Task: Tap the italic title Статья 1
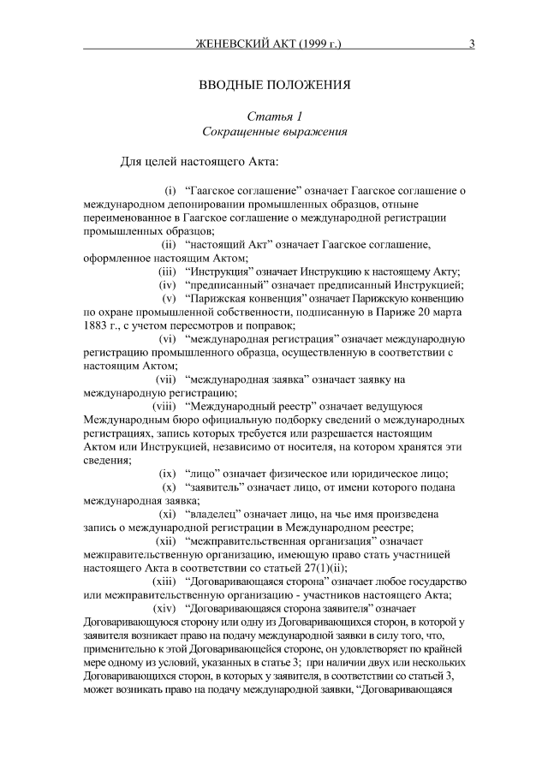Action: click(x=275, y=116)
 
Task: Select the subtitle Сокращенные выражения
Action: click(x=275, y=133)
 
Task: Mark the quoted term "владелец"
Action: click(x=220, y=515)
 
